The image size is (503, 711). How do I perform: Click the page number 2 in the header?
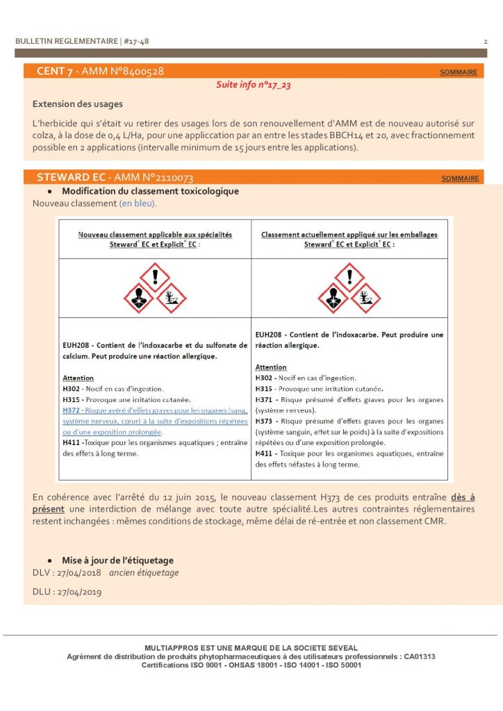pyautogui.click(x=485, y=42)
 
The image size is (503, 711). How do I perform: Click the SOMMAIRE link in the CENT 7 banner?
pyautogui.click(x=459, y=72)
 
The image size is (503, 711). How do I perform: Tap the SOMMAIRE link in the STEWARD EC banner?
pyautogui.click(x=460, y=178)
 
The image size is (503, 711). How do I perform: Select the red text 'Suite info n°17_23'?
pyautogui.click(x=253, y=85)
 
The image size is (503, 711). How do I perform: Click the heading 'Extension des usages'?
pyautogui.click(x=77, y=104)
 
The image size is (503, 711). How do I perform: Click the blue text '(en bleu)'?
pyautogui.click(x=138, y=203)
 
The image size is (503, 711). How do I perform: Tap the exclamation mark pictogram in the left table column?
pyautogui.click(x=155, y=276)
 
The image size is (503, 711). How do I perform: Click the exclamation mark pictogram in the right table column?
pyautogui.click(x=349, y=276)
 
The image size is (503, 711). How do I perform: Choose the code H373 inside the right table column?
pyautogui.click(x=265, y=421)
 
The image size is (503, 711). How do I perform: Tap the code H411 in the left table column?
pyautogui.click(x=72, y=442)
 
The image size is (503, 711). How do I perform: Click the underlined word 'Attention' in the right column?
pyautogui.click(x=271, y=367)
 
